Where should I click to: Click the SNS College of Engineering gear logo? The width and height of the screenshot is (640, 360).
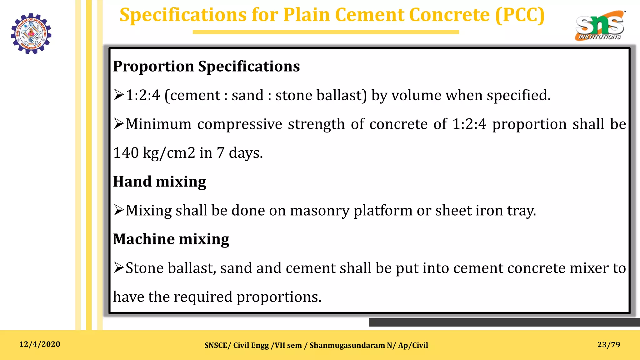(31, 33)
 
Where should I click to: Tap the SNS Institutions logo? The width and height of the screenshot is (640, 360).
(600, 26)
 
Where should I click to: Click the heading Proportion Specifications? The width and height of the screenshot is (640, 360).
(206, 66)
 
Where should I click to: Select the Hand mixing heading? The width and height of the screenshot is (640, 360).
(159, 182)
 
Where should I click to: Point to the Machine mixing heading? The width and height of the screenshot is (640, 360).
(171, 239)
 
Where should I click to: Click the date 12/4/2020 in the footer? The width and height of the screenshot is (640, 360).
(40, 344)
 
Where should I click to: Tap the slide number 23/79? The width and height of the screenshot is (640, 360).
(608, 345)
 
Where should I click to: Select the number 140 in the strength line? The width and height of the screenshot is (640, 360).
(126, 153)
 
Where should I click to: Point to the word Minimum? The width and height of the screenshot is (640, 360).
(158, 124)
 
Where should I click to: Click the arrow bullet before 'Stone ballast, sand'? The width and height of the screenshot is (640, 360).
(119, 268)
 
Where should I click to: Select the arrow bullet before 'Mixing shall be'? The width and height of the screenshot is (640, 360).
(119, 210)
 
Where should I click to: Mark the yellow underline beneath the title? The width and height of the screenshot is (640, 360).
(326, 32)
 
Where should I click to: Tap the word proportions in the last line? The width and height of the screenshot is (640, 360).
(278, 297)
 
